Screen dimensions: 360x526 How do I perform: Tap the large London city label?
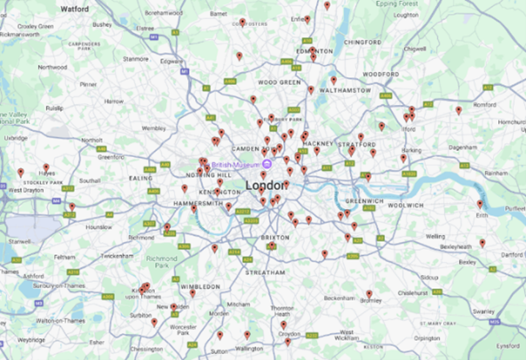click(x=266, y=185)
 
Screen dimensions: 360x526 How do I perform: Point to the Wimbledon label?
click(x=201, y=286)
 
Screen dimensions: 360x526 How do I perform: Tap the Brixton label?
click(x=276, y=238)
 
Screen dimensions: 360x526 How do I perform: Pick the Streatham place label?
click(x=265, y=272)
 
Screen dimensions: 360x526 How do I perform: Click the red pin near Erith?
click(x=480, y=204)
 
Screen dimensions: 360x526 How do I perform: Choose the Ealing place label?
click(x=140, y=177)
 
